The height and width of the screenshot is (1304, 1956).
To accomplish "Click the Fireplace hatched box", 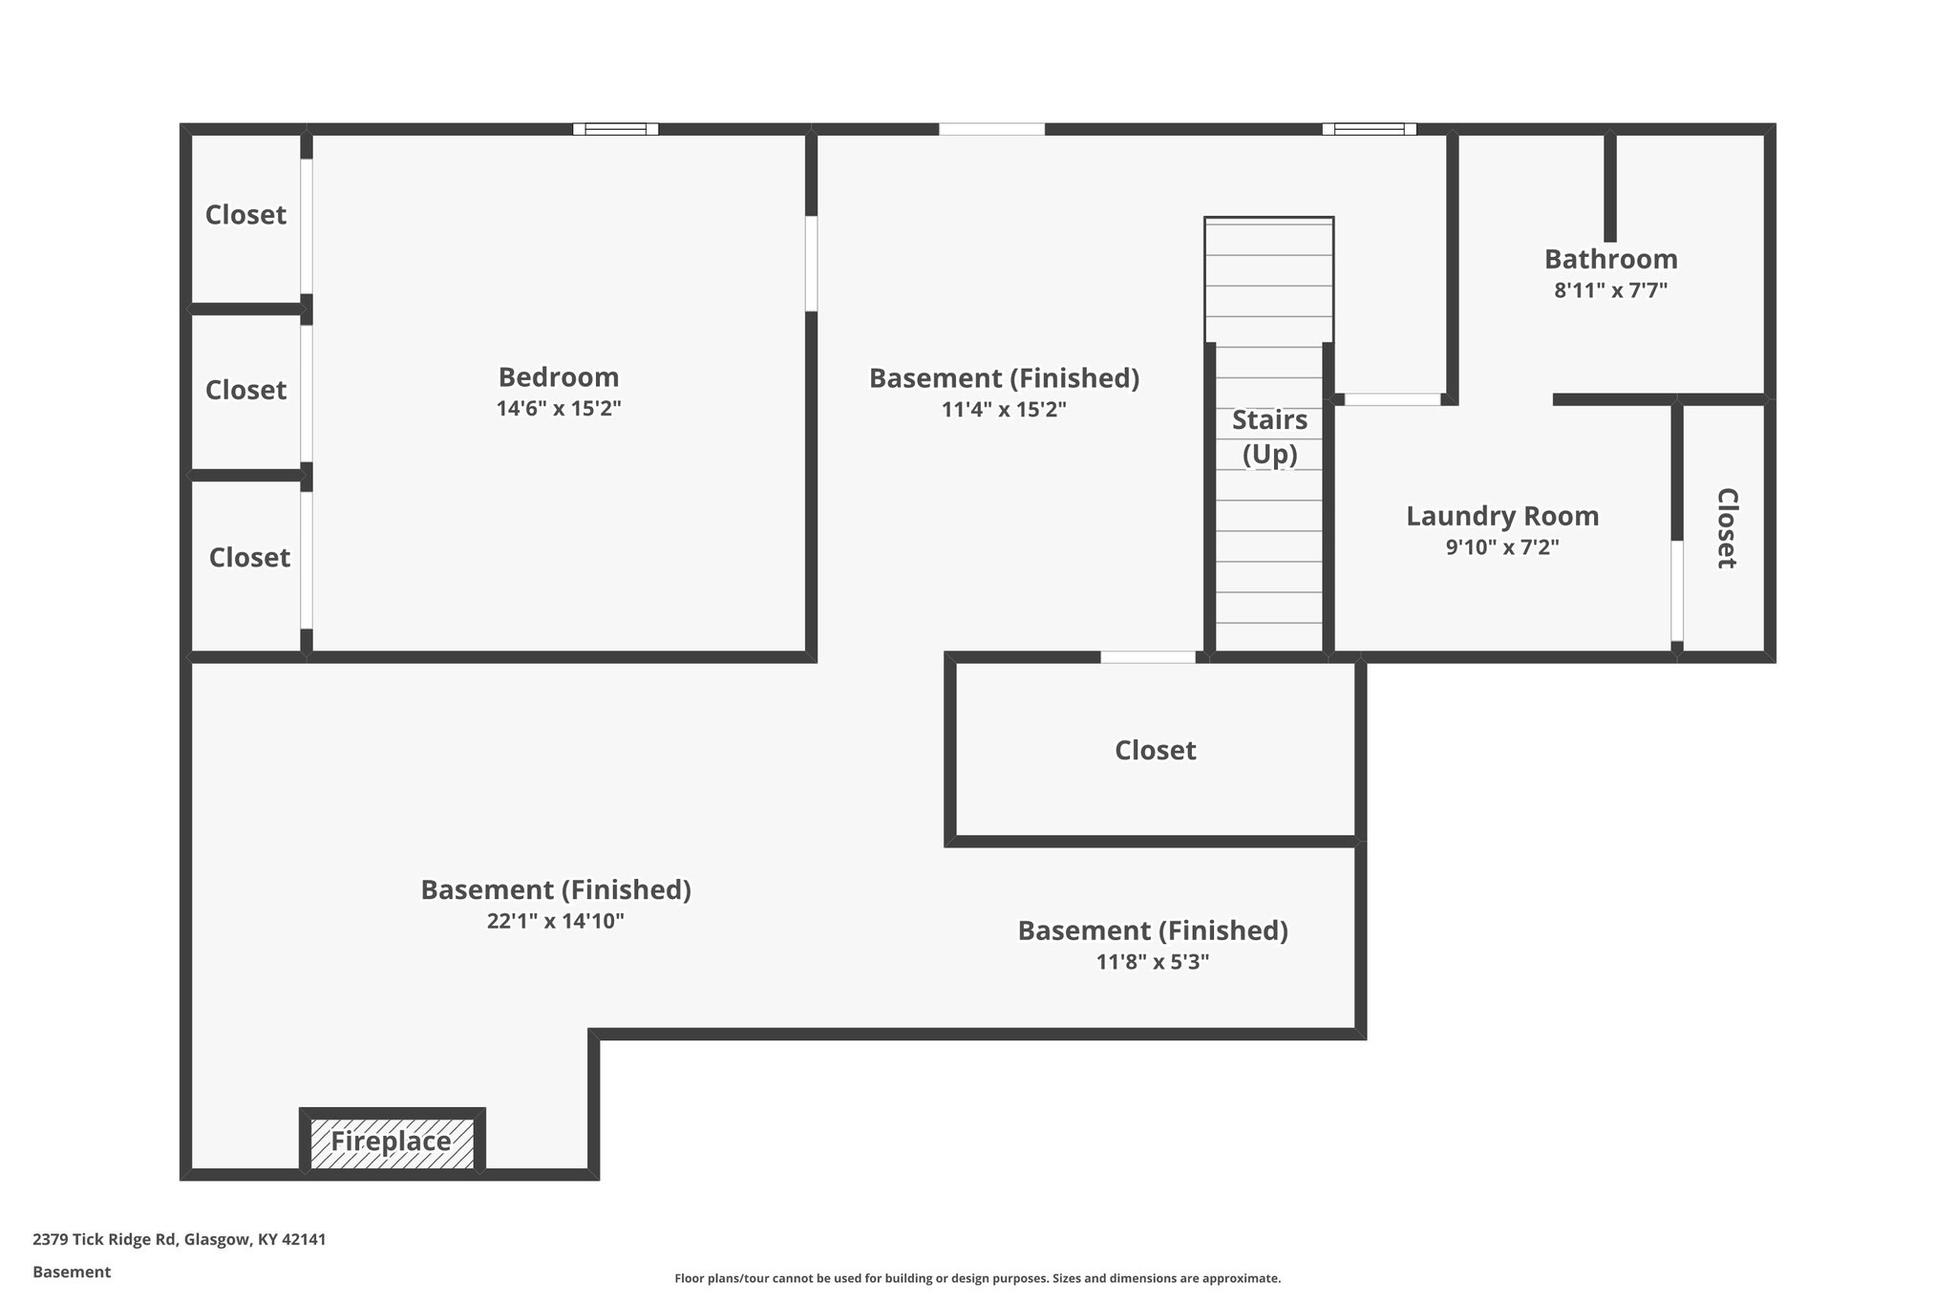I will coord(392,1142).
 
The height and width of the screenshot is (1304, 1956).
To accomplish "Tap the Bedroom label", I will coord(559,376).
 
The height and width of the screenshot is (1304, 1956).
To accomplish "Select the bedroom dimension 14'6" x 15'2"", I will coord(559,409).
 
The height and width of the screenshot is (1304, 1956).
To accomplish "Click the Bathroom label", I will coord(1610,259).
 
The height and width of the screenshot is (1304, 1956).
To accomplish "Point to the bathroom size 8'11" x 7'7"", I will coord(1610,290).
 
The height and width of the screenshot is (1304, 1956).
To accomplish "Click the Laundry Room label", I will coord(1502,516).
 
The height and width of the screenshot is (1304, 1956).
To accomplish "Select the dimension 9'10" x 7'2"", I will coord(1502,547).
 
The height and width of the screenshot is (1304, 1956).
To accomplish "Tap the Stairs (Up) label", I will coord(1269,437).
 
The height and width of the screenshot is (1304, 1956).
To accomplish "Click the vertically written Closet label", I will coord(1726,528).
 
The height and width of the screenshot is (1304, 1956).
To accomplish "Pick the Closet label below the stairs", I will coord(1155,750).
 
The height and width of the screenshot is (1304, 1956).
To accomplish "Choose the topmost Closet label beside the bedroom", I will coord(245,215).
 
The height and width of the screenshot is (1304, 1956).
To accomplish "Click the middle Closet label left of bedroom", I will coord(245,390).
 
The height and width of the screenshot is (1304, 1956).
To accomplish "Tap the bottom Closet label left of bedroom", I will coord(249,557).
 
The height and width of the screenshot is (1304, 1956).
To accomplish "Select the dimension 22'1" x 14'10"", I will coord(555,921).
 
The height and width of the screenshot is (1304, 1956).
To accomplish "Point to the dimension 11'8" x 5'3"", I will coord(1152,962).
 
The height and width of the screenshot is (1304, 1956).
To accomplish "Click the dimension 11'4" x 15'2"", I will coord(1003,410).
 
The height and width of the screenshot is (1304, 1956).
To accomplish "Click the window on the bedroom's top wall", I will coord(615,129).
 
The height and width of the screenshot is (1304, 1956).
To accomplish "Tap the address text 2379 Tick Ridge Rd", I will coord(105,1239).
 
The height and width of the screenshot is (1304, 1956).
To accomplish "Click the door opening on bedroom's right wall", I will coord(811,264).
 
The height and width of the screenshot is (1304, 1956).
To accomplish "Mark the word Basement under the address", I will coord(72,1272).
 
